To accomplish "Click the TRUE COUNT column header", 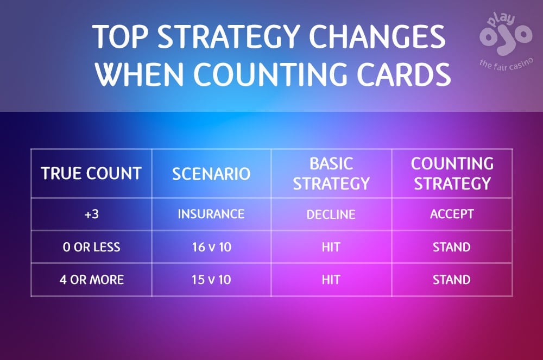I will pyautogui.click(x=91, y=173).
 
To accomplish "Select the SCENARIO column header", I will pyautogui.click(x=211, y=173).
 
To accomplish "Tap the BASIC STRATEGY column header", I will pyautogui.click(x=331, y=173).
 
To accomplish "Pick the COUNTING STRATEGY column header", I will pyautogui.click(x=452, y=173).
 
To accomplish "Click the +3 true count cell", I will pyautogui.click(x=91, y=214).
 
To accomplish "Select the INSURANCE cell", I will pyautogui.click(x=211, y=214).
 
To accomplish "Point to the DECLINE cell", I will pyautogui.click(x=331, y=214).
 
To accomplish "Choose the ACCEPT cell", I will pyautogui.click(x=452, y=214).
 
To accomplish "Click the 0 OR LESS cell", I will pyautogui.click(x=91, y=247).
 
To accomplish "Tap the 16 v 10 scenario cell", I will pyautogui.click(x=211, y=247).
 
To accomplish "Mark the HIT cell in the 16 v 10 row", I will pyautogui.click(x=331, y=247).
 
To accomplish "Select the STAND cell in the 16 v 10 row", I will pyautogui.click(x=452, y=247).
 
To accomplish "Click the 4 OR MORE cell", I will pyautogui.click(x=91, y=280).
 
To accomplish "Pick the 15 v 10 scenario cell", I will pyautogui.click(x=211, y=280).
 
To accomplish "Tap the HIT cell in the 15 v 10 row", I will pyautogui.click(x=331, y=280).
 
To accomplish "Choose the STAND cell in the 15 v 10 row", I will pyautogui.click(x=452, y=280).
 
